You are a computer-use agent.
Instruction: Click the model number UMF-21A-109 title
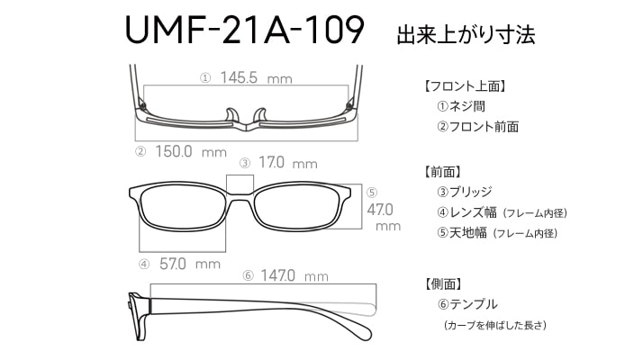[x=244, y=31]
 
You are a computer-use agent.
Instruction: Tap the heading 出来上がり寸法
[x=466, y=34]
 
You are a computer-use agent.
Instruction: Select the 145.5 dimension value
[x=239, y=77]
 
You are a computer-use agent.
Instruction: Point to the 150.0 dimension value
[x=174, y=152]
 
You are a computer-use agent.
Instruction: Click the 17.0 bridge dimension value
[x=271, y=162]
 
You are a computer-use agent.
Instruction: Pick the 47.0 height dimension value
[x=380, y=210]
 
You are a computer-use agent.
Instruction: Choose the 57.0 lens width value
[x=173, y=264]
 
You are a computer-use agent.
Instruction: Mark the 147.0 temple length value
[x=277, y=275]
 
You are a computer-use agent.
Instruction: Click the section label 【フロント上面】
[x=464, y=86]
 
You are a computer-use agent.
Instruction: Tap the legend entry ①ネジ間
[x=461, y=106]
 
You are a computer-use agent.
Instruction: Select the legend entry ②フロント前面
[x=477, y=127]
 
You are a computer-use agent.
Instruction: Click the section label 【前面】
[x=441, y=171]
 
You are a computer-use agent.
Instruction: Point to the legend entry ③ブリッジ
[x=464, y=192]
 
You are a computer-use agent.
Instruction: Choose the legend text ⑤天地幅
[x=461, y=233]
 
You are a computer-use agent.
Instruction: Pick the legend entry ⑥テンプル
[x=467, y=304]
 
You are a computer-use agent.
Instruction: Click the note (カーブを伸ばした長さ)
[x=495, y=325]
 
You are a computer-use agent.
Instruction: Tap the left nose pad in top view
[x=231, y=115]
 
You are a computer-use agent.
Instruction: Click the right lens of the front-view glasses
[x=296, y=208]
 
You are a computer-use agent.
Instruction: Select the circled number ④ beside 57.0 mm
[x=144, y=264]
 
